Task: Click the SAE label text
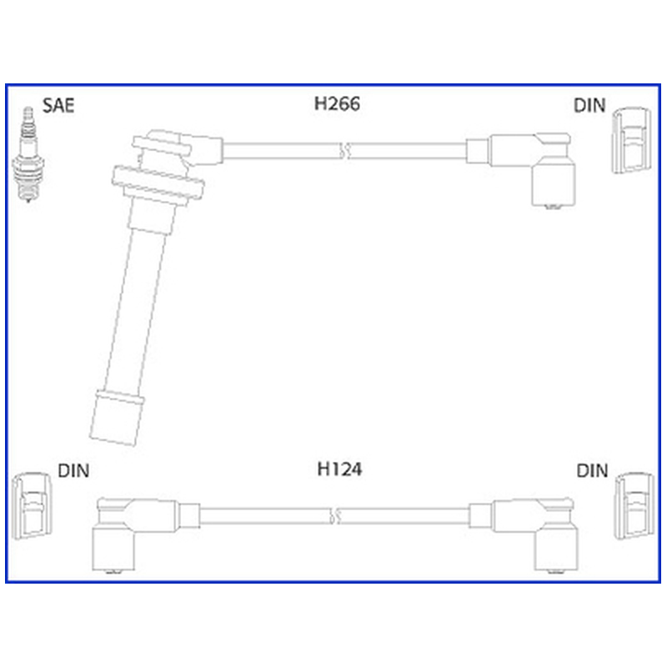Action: pyautogui.click(x=58, y=106)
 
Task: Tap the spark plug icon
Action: pyautogui.click(x=28, y=154)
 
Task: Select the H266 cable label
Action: pyautogui.click(x=337, y=103)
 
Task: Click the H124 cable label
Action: pyautogui.click(x=339, y=469)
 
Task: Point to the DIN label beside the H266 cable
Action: pyautogui.click(x=589, y=106)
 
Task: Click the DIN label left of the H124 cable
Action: pyautogui.click(x=73, y=471)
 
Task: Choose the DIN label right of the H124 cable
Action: pyautogui.click(x=592, y=471)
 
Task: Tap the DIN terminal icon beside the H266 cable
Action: pyautogui.click(x=631, y=140)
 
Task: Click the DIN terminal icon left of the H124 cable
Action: pyautogui.click(x=32, y=506)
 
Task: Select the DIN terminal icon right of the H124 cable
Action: pyautogui.click(x=634, y=506)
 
